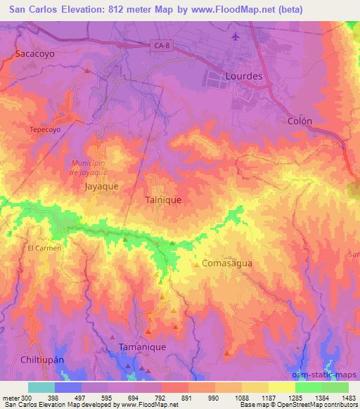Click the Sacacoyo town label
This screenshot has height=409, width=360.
pos(34,53)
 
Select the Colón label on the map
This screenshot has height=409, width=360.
pos(300,121)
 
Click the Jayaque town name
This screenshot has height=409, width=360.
pos(101,187)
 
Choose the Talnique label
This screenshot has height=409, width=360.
pos(163,200)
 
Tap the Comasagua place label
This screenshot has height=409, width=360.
pos(226,264)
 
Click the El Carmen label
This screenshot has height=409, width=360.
pos(45,248)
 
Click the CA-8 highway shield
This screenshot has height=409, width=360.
pos(161,46)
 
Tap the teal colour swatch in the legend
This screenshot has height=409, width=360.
pos(41,387)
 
